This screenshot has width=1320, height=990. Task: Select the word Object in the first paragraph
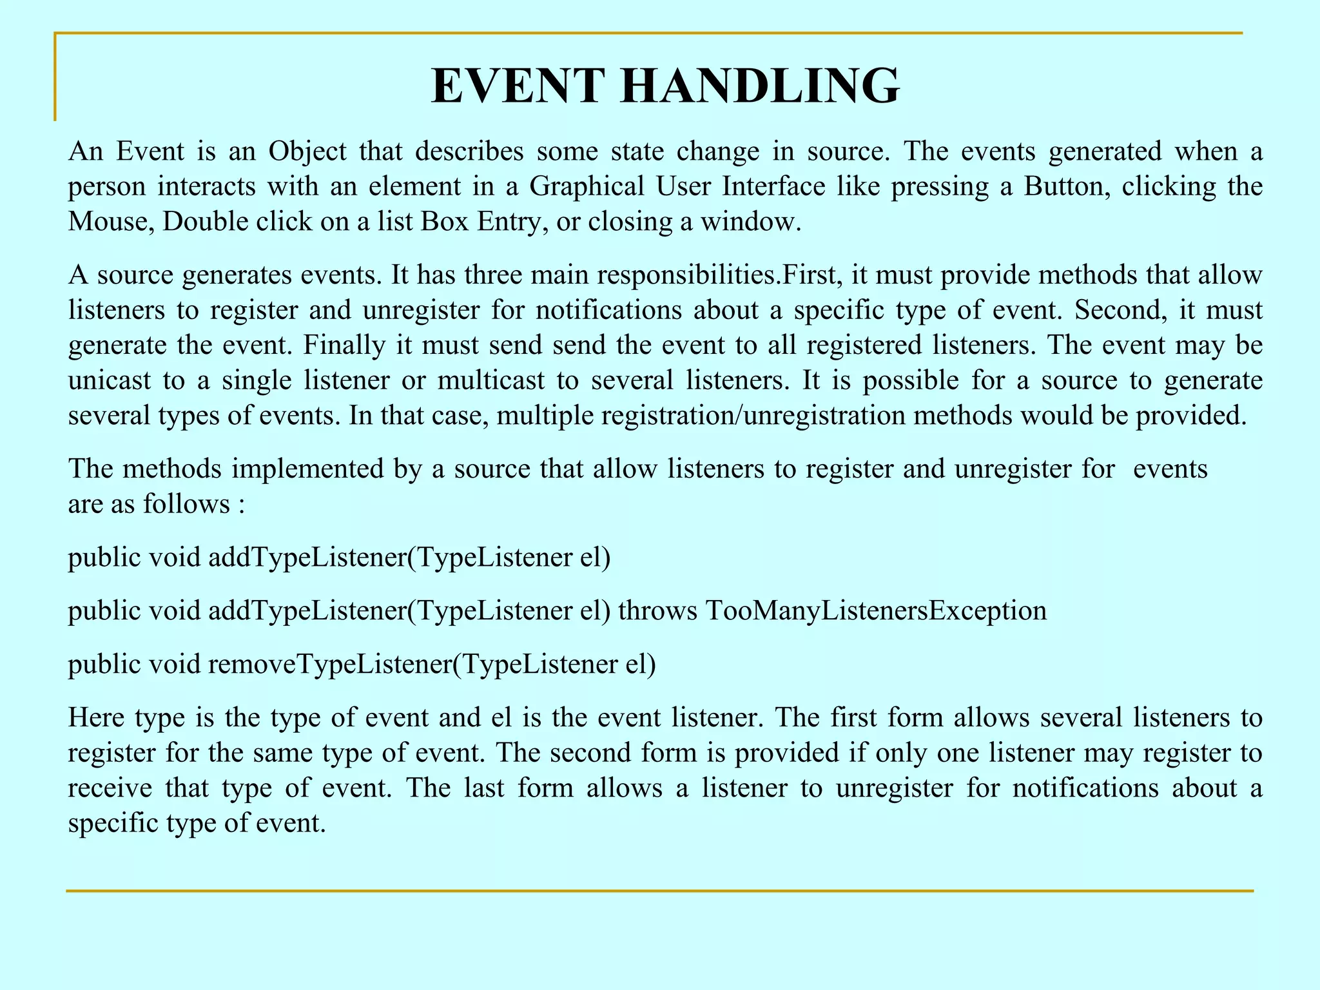307,151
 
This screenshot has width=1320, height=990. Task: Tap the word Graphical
587,187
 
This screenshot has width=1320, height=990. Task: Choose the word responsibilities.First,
720,275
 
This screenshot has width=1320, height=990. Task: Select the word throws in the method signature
657,610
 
